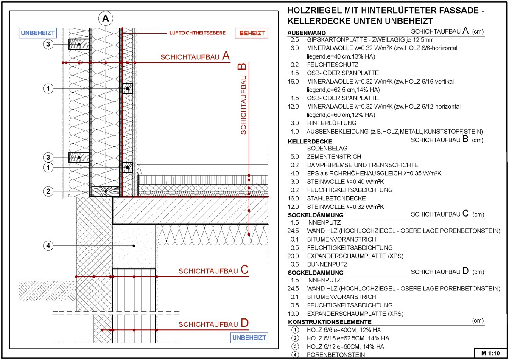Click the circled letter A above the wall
point(106,18)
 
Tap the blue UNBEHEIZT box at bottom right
point(249,337)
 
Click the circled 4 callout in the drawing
point(49,245)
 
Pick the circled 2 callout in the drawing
point(49,191)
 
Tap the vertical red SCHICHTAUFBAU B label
point(242,99)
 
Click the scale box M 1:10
point(490,353)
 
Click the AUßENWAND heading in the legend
point(307,33)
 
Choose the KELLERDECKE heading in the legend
point(310,141)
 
